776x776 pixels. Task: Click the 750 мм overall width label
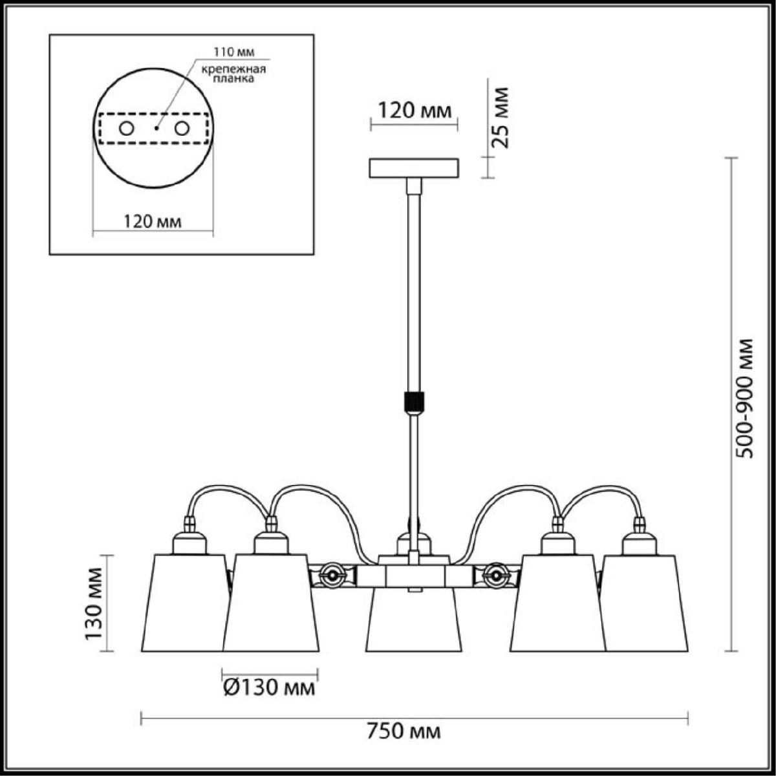point(404,731)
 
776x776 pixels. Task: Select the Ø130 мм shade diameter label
point(268,688)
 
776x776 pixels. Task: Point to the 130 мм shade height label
point(94,603)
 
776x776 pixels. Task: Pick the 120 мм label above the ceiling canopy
point(415,111)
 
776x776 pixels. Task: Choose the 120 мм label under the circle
point(152,222)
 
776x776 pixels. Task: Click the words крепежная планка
point(233,74)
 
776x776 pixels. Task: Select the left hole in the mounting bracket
point(127,129)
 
